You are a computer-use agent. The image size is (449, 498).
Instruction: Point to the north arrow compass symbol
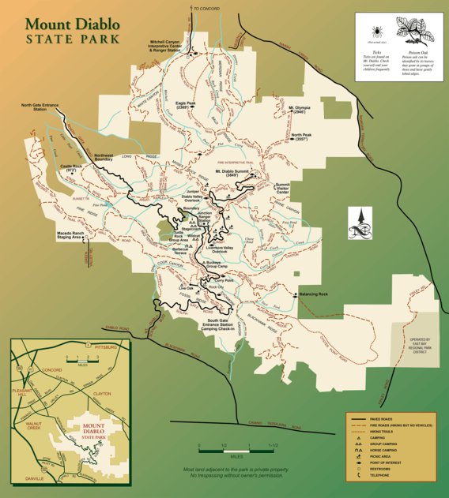(x=359, y=223)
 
